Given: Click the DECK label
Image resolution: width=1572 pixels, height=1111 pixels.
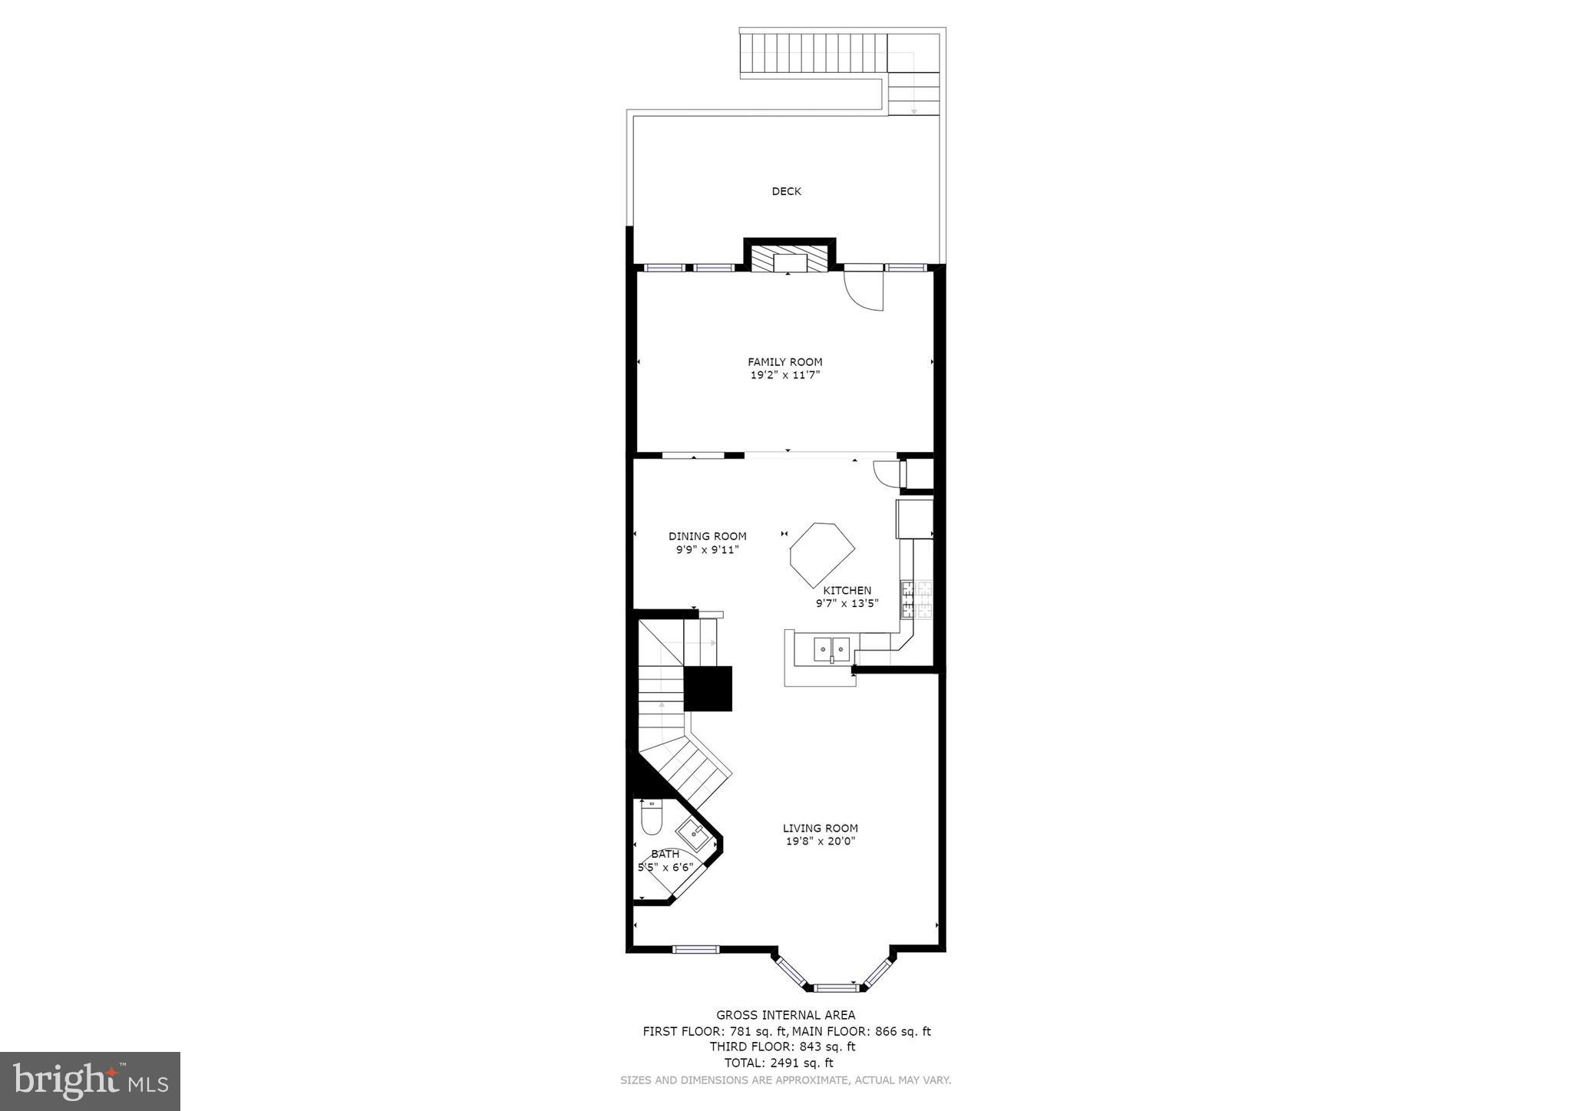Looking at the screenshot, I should [786, 191].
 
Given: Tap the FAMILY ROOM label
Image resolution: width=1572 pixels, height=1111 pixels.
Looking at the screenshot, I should [785, 362].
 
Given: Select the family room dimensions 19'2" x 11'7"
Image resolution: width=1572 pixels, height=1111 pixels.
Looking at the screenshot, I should [785, 375].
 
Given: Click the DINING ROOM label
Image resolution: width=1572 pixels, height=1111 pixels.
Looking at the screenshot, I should [707, 536].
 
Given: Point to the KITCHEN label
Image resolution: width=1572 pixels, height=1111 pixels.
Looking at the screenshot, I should [847, 590].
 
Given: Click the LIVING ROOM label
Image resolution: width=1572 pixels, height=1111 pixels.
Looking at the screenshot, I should [820, 828].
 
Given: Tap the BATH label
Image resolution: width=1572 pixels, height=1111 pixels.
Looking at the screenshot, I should [665, 854].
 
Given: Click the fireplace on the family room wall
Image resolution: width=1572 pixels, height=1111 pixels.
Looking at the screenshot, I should [789, 259].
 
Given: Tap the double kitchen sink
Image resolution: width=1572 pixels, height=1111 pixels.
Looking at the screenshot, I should [831, 649].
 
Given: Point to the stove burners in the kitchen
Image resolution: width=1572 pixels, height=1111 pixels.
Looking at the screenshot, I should [916, 600].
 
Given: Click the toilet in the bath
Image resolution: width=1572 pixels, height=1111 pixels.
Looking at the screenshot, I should [651, 818].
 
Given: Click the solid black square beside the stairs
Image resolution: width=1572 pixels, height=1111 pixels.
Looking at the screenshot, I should [708, 688].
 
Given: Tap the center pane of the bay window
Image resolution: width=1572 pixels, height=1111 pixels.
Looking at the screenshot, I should [835, 987].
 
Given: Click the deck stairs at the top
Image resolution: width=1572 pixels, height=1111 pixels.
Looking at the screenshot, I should [814, 53].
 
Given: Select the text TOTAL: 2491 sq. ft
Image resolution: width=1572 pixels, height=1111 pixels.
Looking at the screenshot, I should [778, 1063].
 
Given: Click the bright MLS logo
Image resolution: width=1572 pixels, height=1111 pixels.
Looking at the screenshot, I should [91, 1082].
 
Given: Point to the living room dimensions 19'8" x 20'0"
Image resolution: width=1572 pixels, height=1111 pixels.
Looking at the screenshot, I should [820, 841].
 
